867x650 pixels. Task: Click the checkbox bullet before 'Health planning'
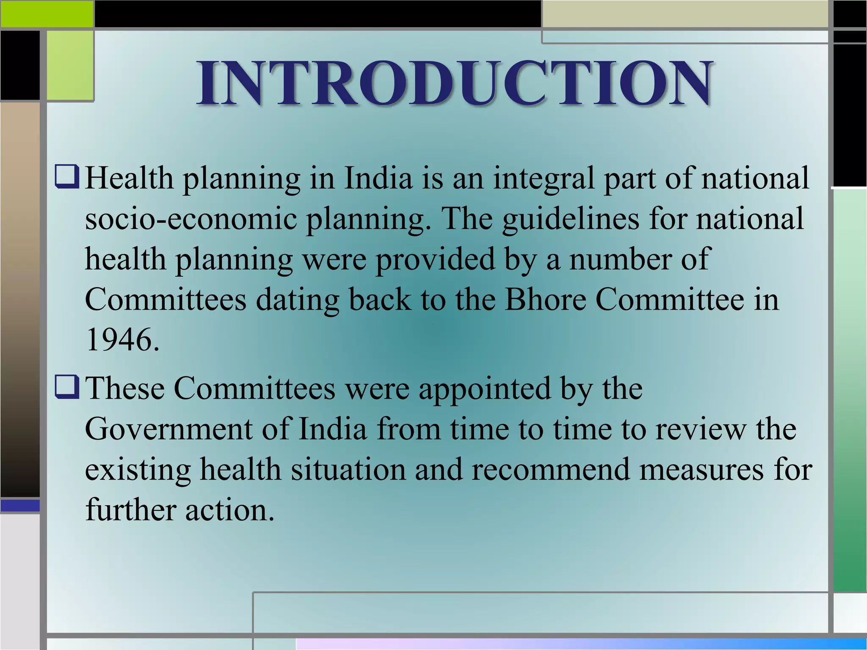(67, 177)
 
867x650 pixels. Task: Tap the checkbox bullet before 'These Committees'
(67, 388)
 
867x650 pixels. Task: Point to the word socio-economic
(191, 219)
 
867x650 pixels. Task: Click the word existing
(138, 470)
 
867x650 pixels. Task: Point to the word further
(130, 510)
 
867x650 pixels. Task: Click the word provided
(435, 259)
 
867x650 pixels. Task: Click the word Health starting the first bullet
(129, 178)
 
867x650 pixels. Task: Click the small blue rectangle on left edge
(20, 505)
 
